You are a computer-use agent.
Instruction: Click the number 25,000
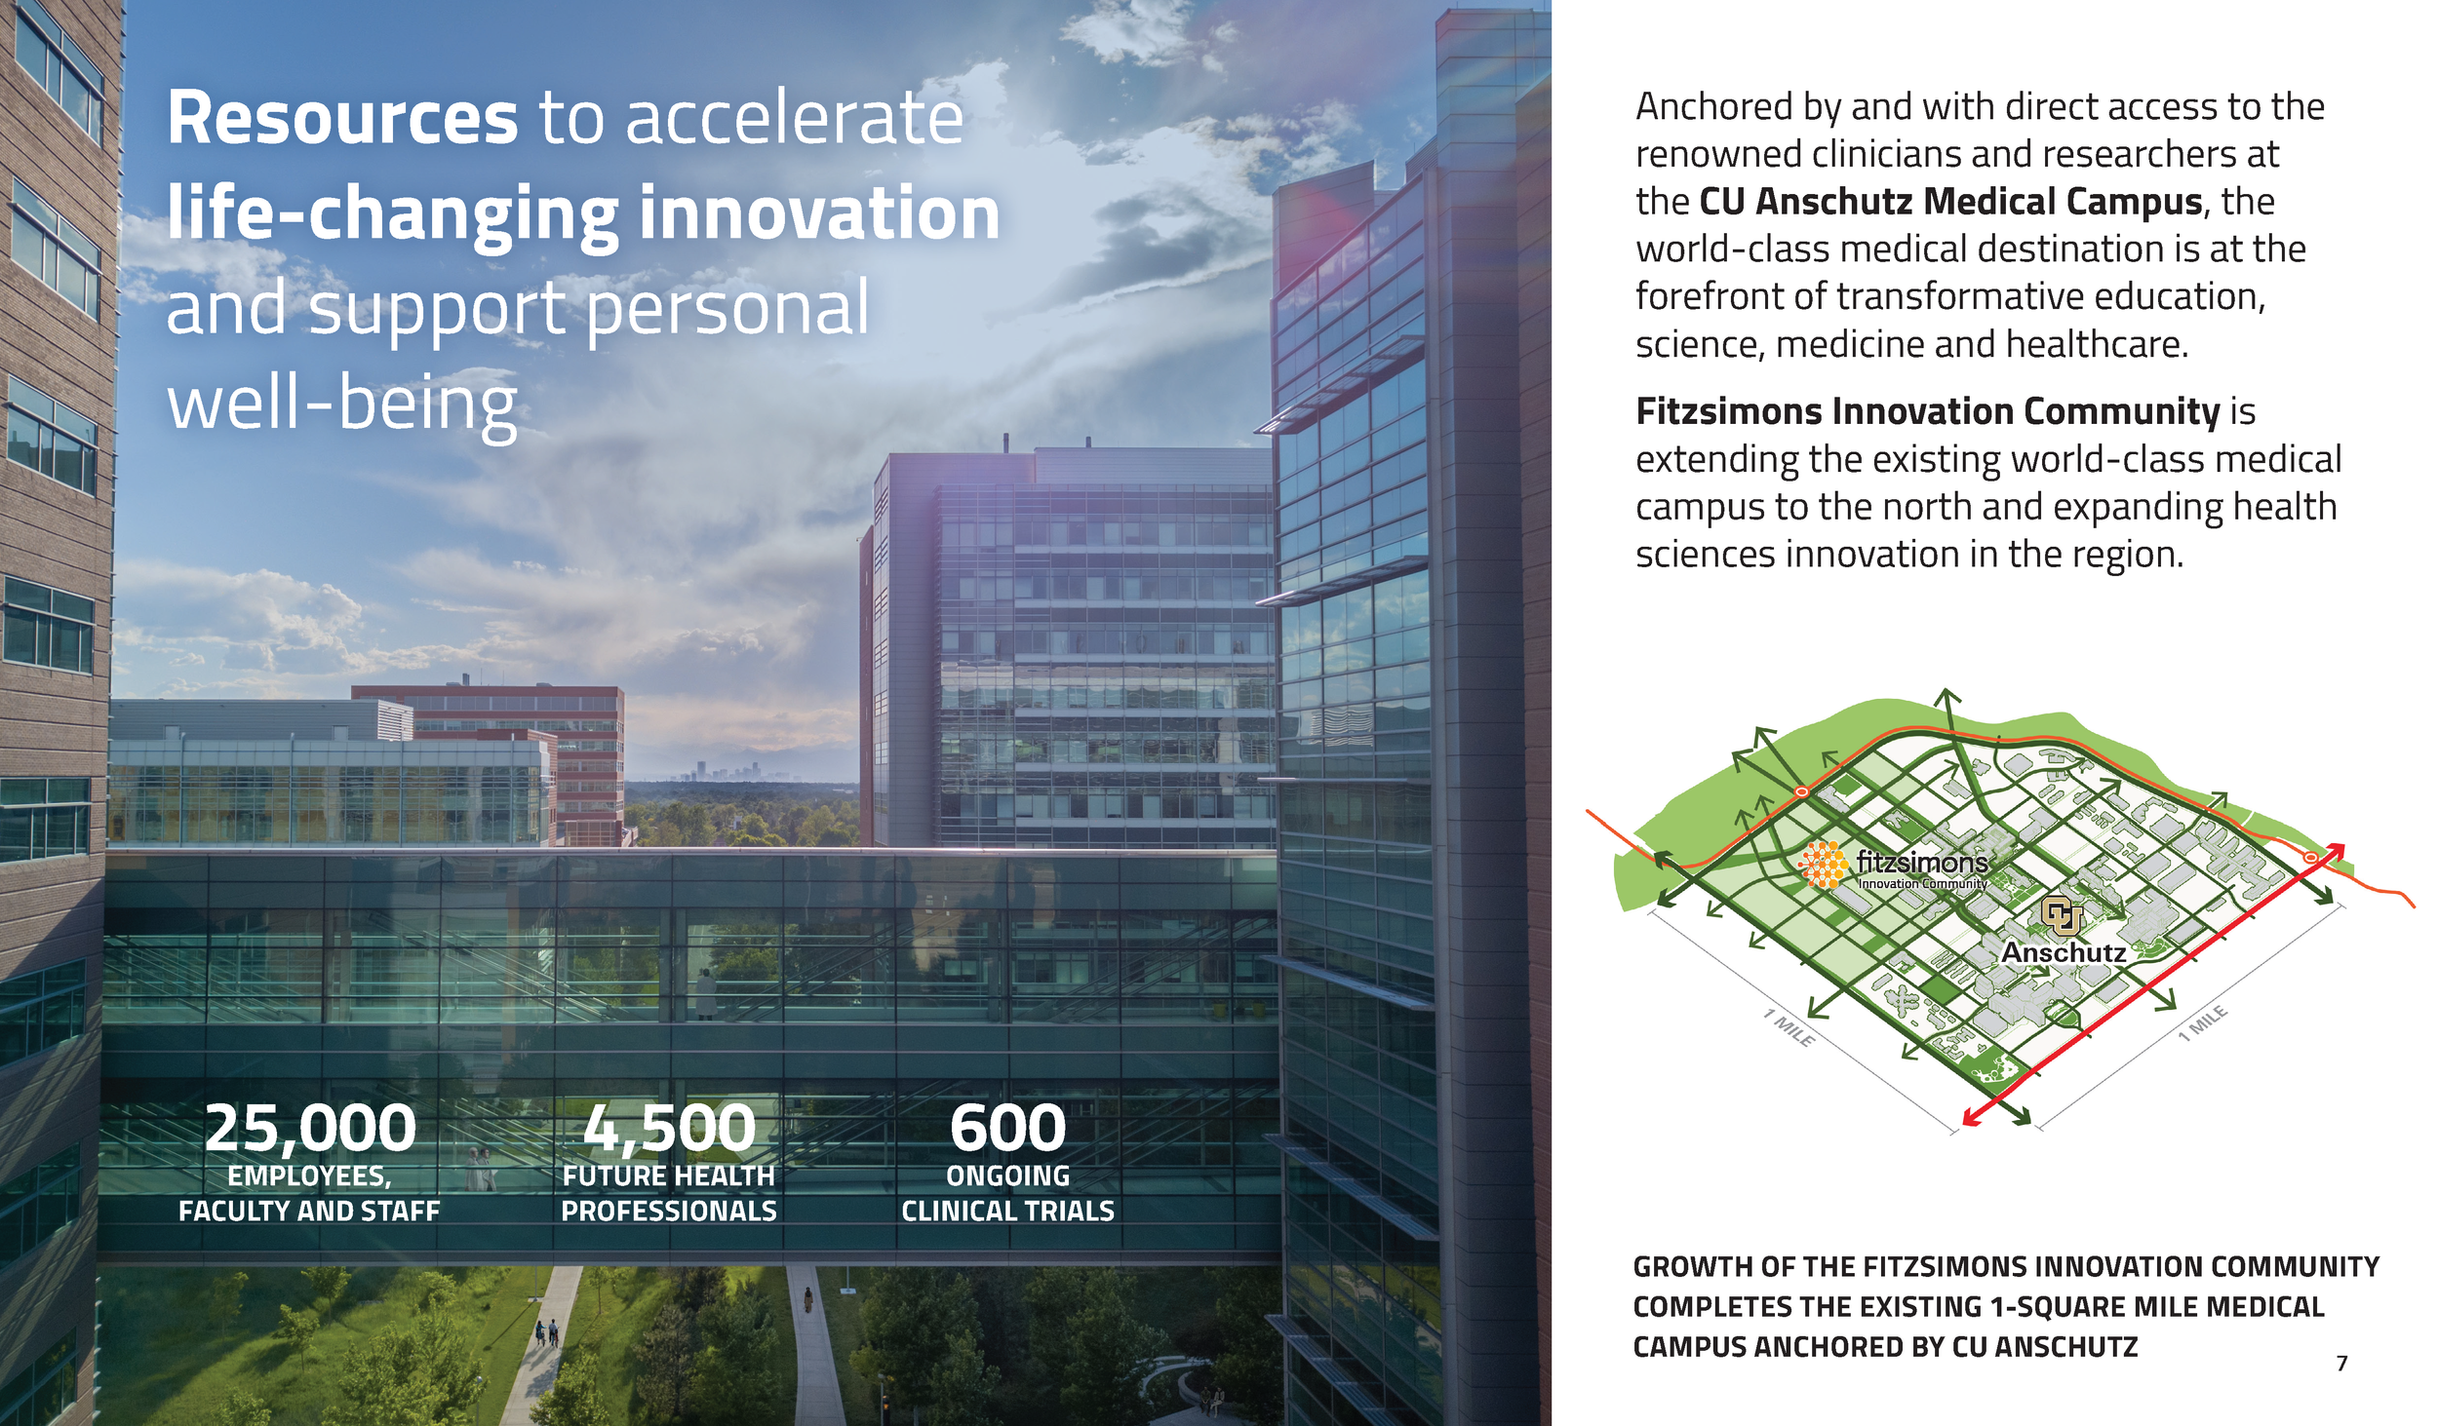click(x=310, y=1128)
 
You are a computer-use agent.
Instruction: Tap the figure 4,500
click(x=669, y=1128)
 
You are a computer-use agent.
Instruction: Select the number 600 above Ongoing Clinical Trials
click(x=1007, y=1128)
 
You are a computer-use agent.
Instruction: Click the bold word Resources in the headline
click(x=342, y=119)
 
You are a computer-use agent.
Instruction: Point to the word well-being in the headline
click(x=341, y=405)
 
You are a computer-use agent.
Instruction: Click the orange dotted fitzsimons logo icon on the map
click(x=1823, y=865)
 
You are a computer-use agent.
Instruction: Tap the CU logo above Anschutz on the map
click(x=2061, y=915)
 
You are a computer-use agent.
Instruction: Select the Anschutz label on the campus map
click(x=2064, y=952)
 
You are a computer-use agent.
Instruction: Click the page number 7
click(x=2341, y=1364)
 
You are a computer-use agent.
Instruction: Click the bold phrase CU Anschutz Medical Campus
click(x=1950, y=202)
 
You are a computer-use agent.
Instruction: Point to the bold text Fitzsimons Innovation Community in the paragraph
click(x=1927, y=411)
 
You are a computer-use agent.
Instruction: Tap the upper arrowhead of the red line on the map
click(x=2337, y=850)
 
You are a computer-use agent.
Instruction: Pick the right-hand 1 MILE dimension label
click(x=2204, y=1022)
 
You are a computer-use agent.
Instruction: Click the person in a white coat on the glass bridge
click(x=705, y=994)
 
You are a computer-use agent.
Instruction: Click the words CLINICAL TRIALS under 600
click(x=1007, y=1211)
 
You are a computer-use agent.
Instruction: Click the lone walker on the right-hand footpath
click(x=807, y=1299)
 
